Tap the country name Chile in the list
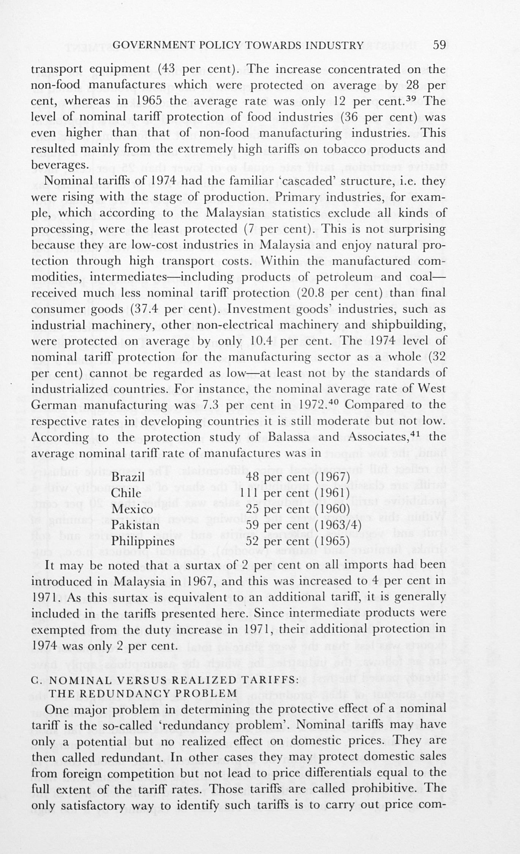pyautogui.click(x=126, y=493)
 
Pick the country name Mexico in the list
pyautogui.click(x=132, y=509)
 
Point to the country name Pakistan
pyautogui.click(x=135, y=525)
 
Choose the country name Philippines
pyautogui.click(x=142, y=541)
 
